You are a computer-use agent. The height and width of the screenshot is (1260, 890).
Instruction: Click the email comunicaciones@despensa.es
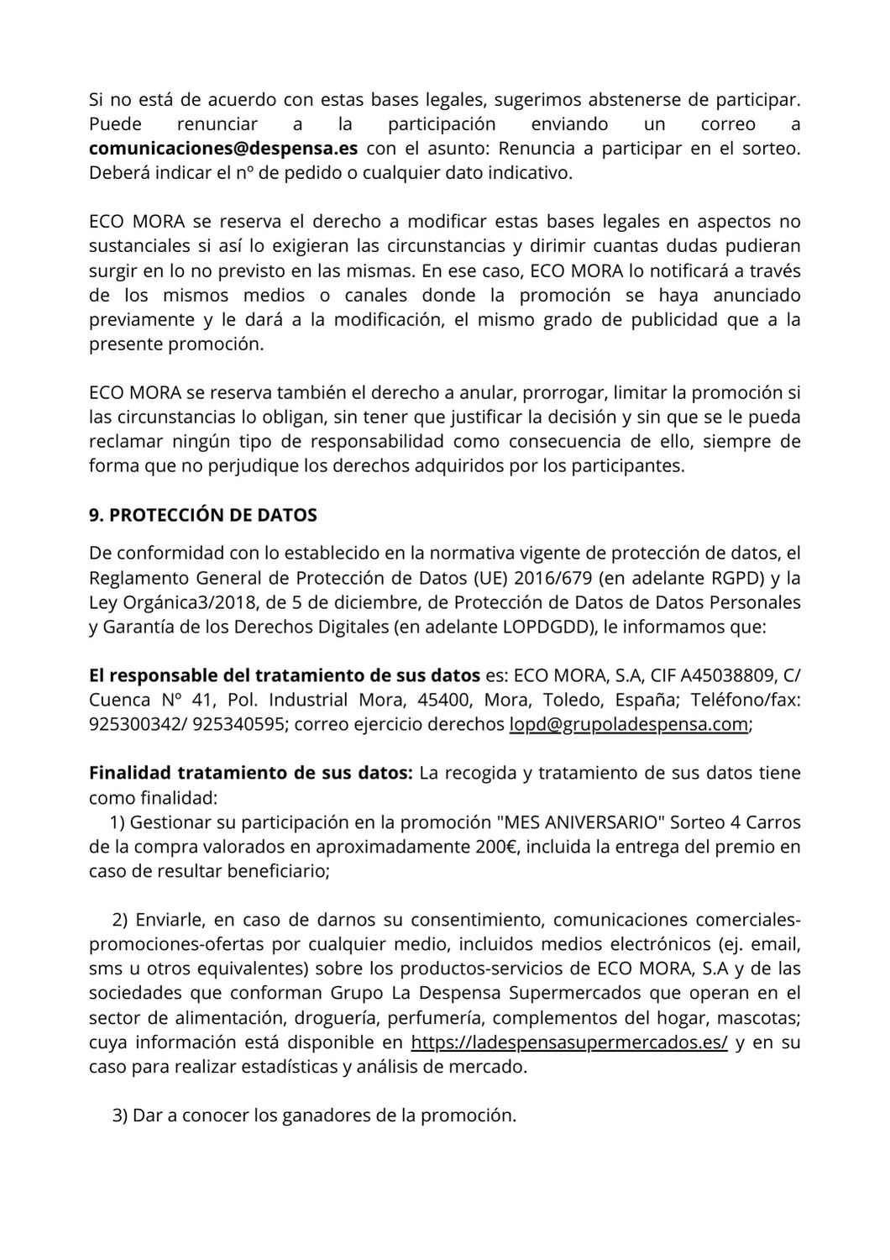(223, 149)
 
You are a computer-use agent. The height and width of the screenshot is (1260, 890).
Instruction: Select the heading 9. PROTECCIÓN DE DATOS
(202, 516)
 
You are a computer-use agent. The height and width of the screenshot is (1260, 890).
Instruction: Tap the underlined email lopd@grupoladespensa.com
(628, 724)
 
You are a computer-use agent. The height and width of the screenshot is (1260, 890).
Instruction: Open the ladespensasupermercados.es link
(569, 1043)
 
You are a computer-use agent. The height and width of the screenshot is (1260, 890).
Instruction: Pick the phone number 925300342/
(137, 724)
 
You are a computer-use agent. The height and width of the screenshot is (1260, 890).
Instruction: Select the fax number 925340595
(238, 724)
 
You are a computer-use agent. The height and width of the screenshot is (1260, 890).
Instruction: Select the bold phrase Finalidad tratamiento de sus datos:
(250, 773)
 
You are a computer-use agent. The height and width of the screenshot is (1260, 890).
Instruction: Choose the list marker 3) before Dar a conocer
(120, 1116)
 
